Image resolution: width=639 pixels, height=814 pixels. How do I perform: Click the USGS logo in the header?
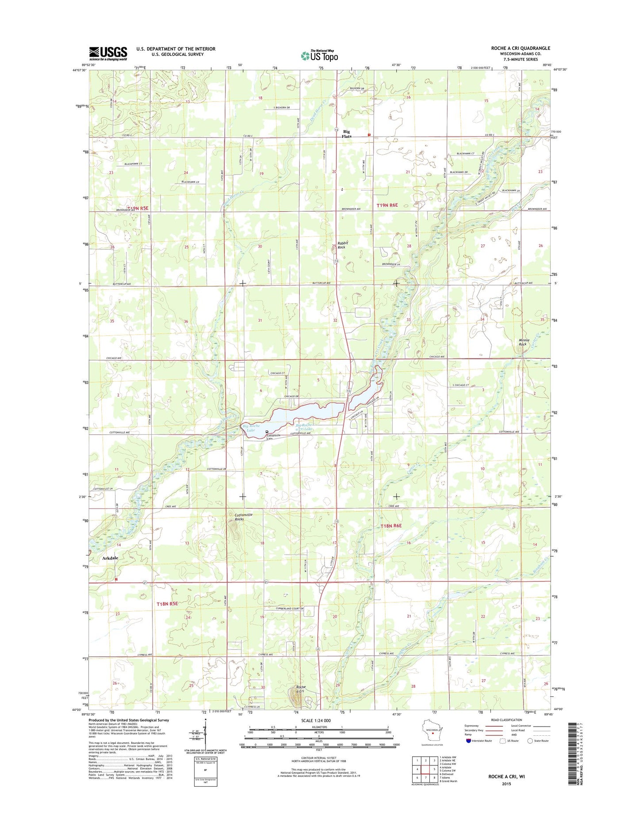click(108, 53)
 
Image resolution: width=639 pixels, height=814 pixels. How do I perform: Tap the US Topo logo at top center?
click(319, 55)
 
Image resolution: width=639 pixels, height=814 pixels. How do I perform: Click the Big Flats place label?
click(347, 134)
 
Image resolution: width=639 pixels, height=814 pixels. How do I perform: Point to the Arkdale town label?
click(110, 558)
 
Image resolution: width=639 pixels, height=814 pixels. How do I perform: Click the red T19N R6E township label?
click(387, 205)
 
